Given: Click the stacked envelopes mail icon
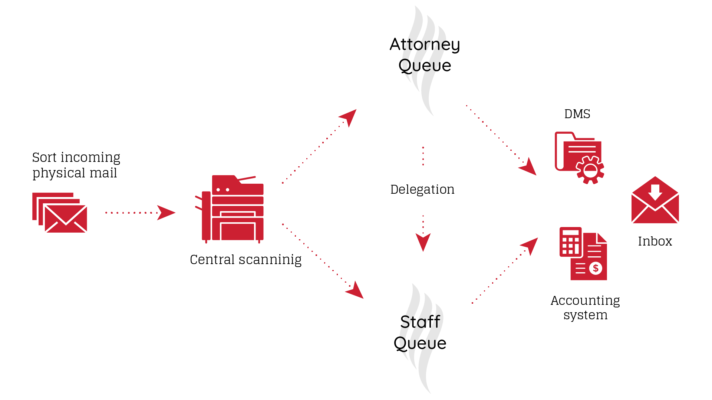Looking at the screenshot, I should (x=60, y=213).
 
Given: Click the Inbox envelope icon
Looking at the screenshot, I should (x=655, y=200).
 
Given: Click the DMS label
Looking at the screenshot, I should (x=577, y=114).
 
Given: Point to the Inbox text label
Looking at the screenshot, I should (x=655, y=241).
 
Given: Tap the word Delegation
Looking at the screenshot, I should (x=422, y=190).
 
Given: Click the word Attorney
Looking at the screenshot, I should (x=425, y=45).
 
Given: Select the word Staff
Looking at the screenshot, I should (x=420, y=322).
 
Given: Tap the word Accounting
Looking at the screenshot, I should (x=585, y=300).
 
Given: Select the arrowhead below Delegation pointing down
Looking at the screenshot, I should (x=423, y=241).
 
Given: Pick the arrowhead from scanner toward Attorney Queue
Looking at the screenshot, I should (x=349, y=116).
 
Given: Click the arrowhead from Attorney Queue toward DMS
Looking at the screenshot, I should (x=528, y=167).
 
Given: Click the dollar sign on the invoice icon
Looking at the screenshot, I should (x=596, y=268).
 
